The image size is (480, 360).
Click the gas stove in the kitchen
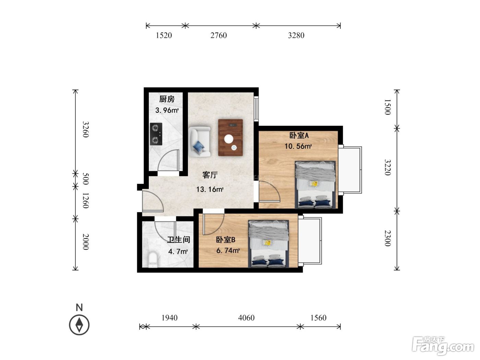click(x=156, y=134)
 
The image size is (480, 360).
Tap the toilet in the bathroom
click(x=153, y=260)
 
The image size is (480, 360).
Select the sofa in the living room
click(x=200, y=142)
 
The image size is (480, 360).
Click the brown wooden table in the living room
click(x=230, y=137)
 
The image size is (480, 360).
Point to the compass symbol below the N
click(x=79, y=325)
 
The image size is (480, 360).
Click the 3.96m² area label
click(x=167, y=110)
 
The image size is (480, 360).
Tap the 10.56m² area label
click(x=298, y=146)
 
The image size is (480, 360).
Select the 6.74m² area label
click(x=228, y=251)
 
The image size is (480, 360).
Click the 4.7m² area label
click(x=178, y=252)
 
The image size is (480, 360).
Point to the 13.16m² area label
click(x=210, y=189)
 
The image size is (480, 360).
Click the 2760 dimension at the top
click(x=218, y=35)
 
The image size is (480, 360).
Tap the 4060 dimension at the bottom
click(x=246, y=317)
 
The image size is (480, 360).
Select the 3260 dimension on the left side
click(x=86, y=129)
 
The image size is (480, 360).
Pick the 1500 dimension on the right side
click(x=387, y=107)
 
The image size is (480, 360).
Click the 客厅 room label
click(x=210, y=175)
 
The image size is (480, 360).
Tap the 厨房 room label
click(x=167, y=99)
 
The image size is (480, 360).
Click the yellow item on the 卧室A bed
click(x=314, y=184)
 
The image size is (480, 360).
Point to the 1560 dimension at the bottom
click(x=319, y=317)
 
